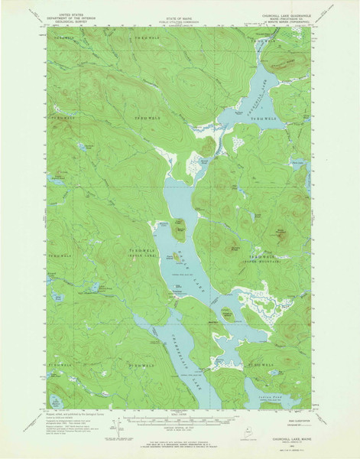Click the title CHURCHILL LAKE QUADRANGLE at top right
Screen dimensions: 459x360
click(x=283, y=11)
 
